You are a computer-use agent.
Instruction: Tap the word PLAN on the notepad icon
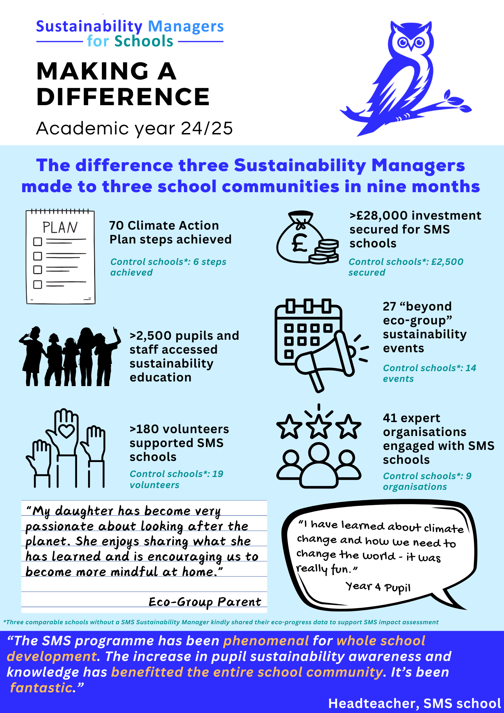(x=60, y=227)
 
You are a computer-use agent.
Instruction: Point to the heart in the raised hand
(x=66, y=431)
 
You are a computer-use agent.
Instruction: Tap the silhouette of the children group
(x=70, y=356)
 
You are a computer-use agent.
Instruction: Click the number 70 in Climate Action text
(x=116, y=226)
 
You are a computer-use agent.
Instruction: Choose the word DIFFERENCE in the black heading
(x=123, y=97)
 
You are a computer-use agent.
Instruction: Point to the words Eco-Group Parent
(x=205, y=602)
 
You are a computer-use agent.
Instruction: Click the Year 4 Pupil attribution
(x=378, y=587)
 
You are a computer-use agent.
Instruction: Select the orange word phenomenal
(x=266, y=641)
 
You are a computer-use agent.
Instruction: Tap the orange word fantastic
(x=41, y=687)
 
